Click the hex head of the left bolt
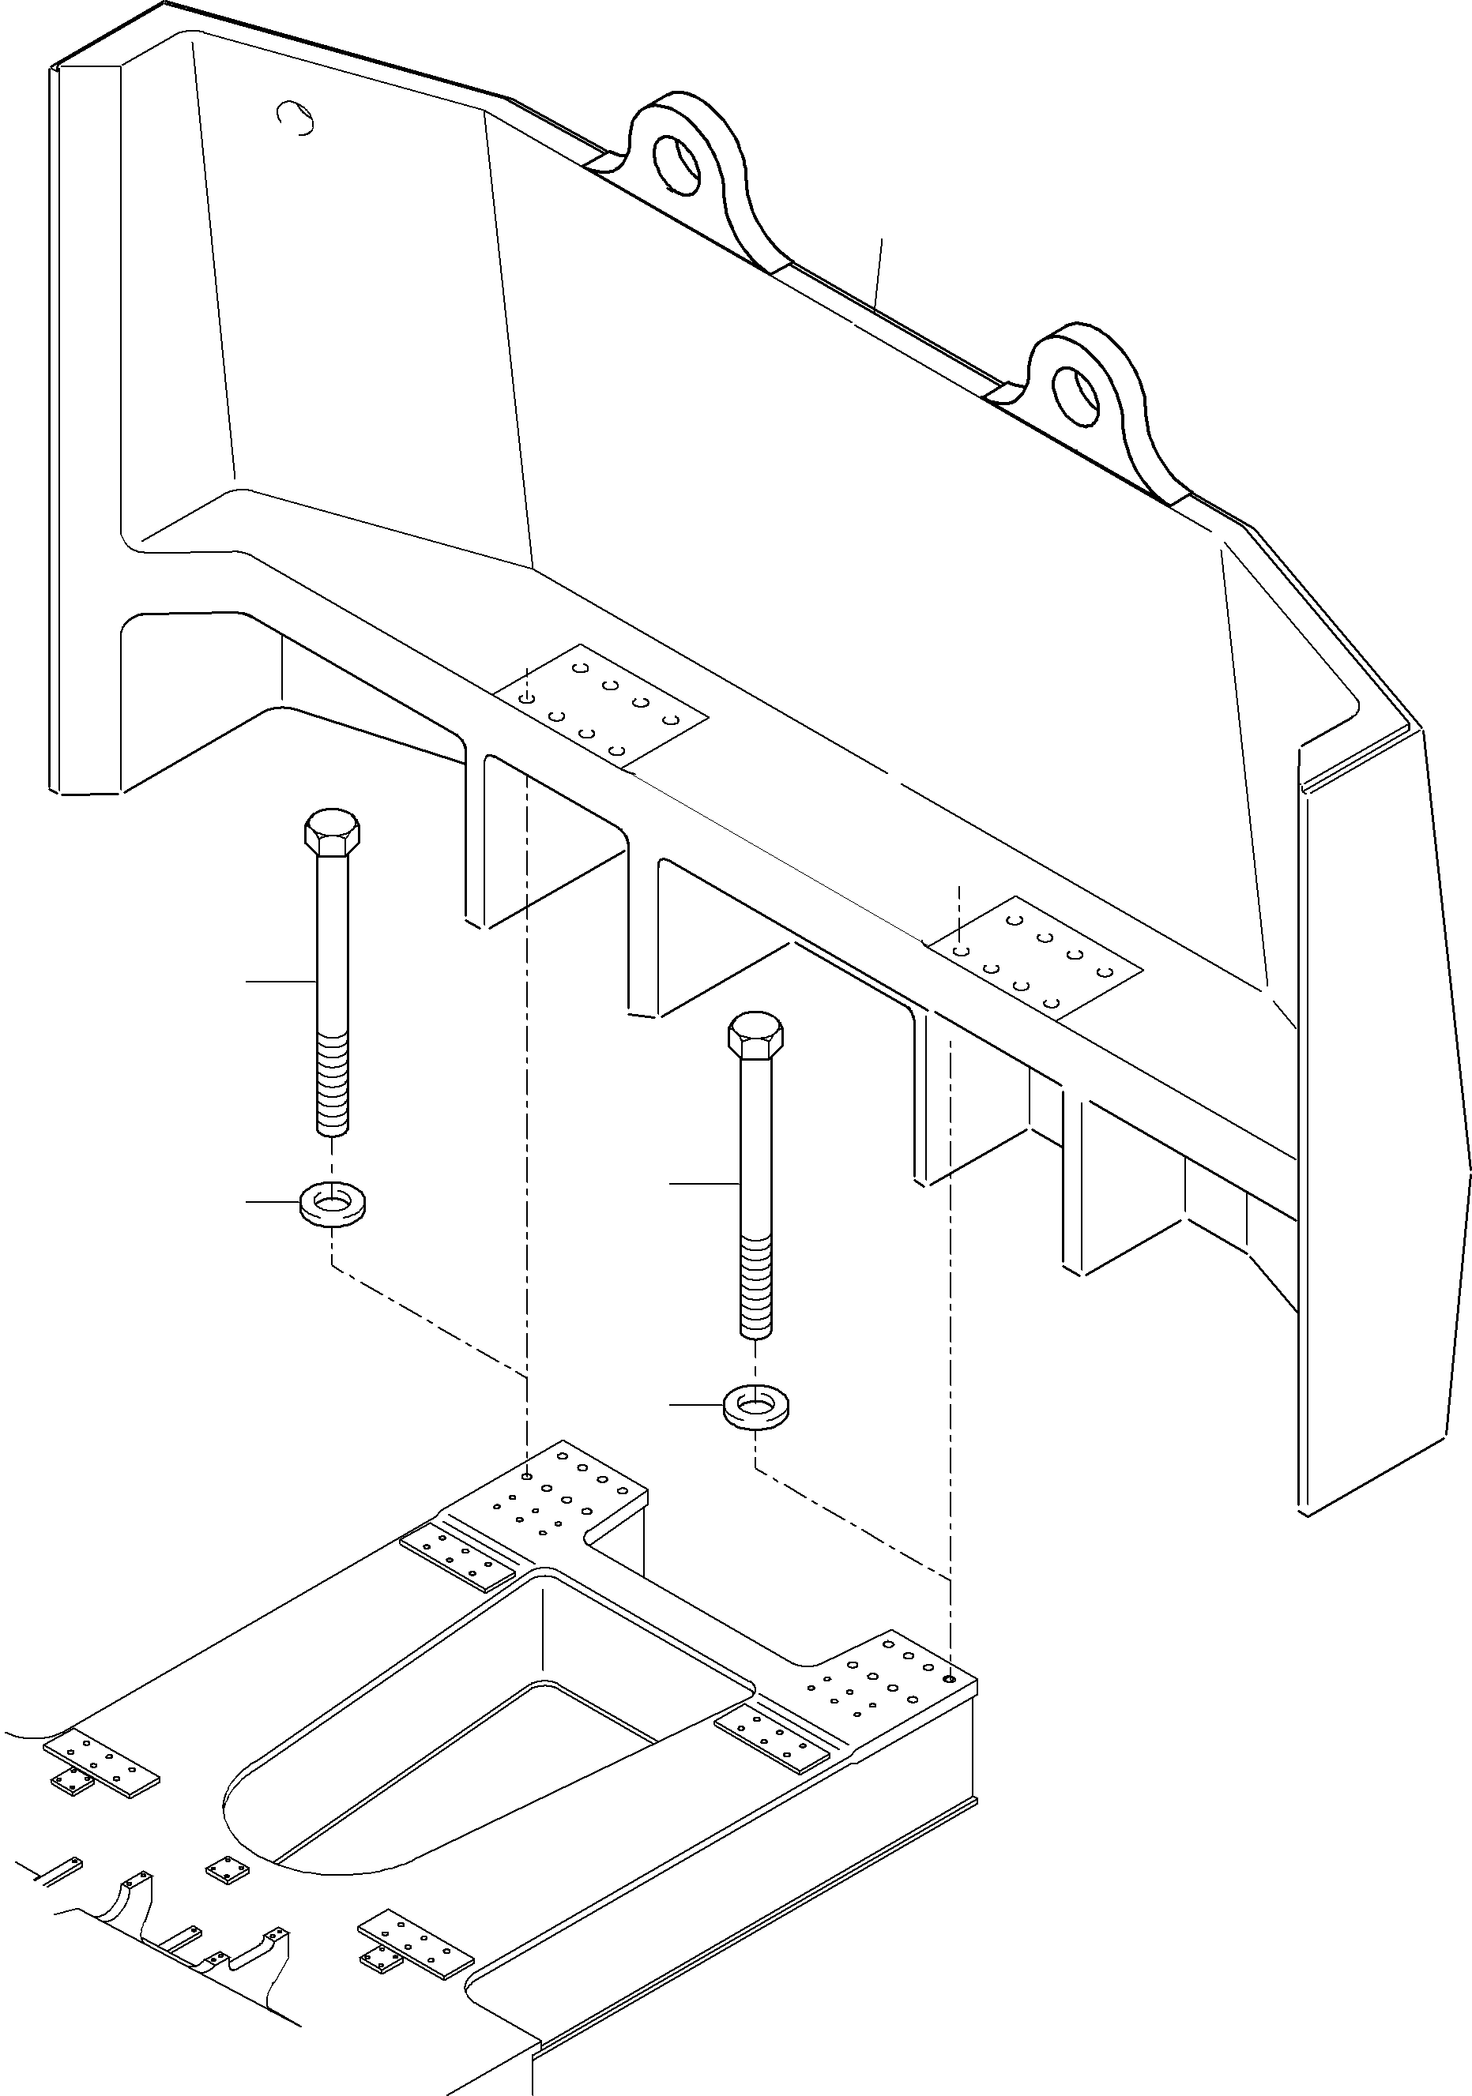[x=332, y=831]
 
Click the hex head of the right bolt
[x=755, y=1035]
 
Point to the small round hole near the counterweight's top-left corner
[x=296, y=116]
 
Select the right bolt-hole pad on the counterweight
[x=1034, y=956]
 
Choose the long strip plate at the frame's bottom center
[x=416, y=1950]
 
